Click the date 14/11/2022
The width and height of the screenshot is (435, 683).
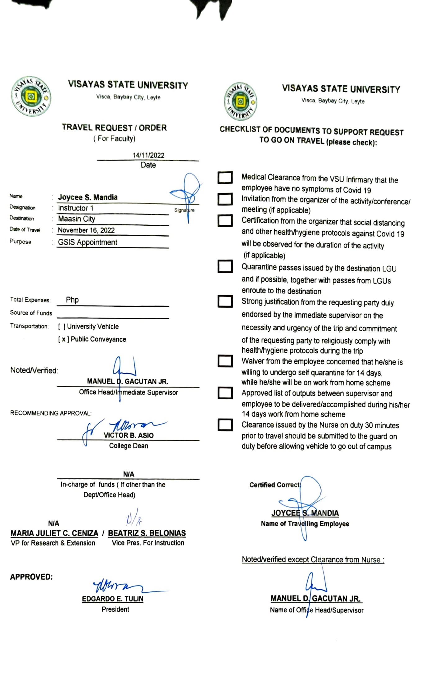point(148,155)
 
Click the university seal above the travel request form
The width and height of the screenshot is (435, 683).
point(31,97)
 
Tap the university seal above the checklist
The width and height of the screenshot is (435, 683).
point(241,102)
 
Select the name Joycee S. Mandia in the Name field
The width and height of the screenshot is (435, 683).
point(88,197)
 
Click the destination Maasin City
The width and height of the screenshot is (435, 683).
point(76,219)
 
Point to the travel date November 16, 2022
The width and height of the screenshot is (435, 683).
point(86,230)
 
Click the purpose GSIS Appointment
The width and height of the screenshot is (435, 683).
point(88,242)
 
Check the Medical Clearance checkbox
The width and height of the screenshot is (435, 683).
point(225,178)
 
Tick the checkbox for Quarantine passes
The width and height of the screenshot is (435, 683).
point(225,266)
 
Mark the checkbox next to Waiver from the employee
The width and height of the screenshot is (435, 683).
point(225,361)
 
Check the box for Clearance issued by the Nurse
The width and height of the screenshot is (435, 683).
point(225,425)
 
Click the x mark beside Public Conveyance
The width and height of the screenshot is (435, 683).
point(63,339)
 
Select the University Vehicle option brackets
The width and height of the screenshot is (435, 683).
point(61,327)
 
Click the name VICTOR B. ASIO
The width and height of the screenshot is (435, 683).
point(129,436)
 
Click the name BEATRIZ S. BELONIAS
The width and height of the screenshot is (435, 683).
point(147,533)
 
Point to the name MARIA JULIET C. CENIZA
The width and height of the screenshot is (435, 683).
point(54,533)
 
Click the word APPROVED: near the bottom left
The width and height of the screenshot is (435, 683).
point(31,577)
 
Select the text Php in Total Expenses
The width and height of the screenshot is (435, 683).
point(72,300)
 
